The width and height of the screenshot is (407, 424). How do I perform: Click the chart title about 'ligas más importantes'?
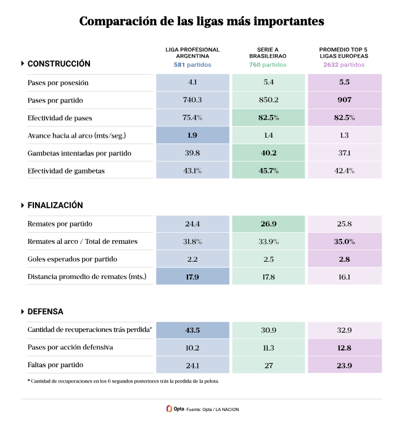(202, 22)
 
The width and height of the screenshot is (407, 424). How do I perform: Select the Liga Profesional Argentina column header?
(192, 52)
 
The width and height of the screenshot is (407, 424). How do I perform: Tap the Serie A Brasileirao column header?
(268, 52)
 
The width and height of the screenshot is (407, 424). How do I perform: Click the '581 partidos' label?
(192, 64)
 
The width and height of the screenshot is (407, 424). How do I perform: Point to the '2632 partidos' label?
(344, 64)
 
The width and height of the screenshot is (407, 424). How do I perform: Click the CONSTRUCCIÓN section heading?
(59, 64)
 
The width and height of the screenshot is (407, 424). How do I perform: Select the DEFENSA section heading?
(46, 312)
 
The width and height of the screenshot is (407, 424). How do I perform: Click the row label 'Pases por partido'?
(55, 100)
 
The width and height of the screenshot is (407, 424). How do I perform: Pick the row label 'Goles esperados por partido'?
(72, 259)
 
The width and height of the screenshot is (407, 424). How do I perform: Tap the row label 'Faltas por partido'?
(55, 365)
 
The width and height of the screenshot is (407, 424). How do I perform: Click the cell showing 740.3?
(192, 100)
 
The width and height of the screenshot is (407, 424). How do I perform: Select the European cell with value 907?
(344, 100)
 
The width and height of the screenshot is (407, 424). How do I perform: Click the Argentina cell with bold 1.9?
(192, 135)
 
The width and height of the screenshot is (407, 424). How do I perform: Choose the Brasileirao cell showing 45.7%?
(268, 170)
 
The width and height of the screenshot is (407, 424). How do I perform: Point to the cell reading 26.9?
(268, 224)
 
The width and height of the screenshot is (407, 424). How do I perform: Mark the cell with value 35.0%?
(344, 241)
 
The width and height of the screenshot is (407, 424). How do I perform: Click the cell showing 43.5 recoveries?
(192, 330)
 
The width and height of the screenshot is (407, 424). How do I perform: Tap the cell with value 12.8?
(344, 347)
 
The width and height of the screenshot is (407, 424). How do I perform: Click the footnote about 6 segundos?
(123, 381)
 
